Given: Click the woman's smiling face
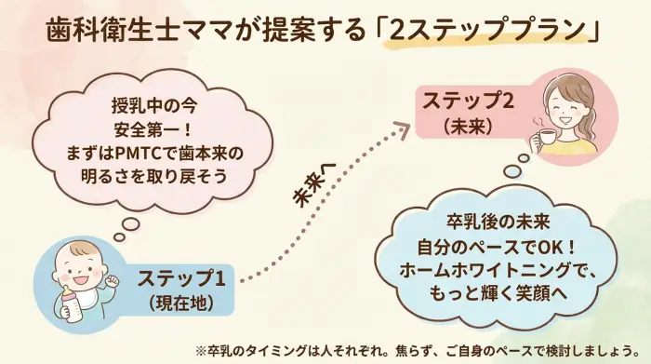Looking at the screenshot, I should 565,103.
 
